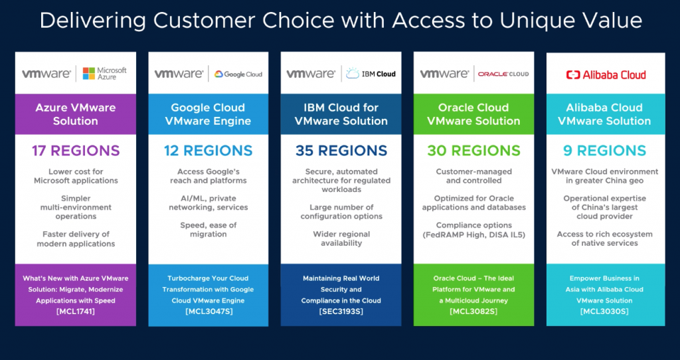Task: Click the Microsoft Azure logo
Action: tap(104, 73)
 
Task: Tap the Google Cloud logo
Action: tap(238, 74)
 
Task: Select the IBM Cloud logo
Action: tap(371, 74)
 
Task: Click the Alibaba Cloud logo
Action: tap(606, 74)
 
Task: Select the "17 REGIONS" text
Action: tap(76, 151)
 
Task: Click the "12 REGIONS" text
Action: tap(209, 151)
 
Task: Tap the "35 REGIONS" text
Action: tap(341, 151)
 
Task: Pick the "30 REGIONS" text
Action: tap(473, 151)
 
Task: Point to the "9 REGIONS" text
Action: tap(605, 151)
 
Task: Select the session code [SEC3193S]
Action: tap(341, 311)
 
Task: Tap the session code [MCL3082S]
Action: tap(473, 311)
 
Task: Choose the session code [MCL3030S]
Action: tap(605, 311)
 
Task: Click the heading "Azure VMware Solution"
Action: tap(76, 114)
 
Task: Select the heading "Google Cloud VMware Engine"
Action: tap(209, 114)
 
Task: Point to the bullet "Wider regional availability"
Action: tap(341, 238)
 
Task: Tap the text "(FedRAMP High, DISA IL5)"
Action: tap(473, 234)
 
